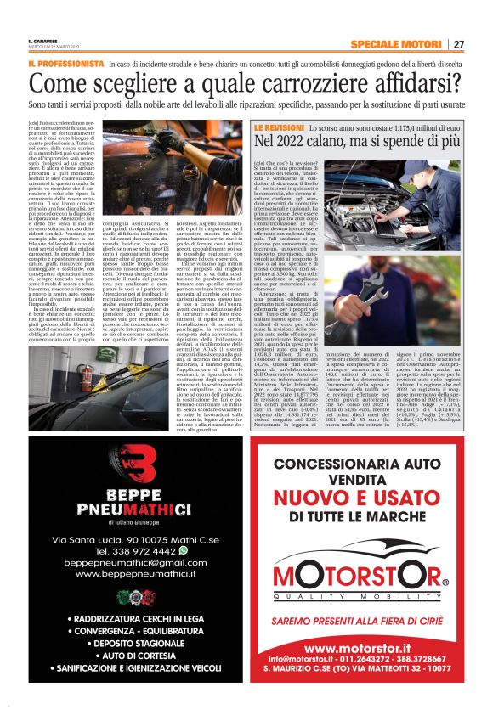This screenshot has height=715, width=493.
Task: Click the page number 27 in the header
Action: tap(458, 44)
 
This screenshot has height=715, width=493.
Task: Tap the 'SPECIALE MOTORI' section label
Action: tap(395, 44)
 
